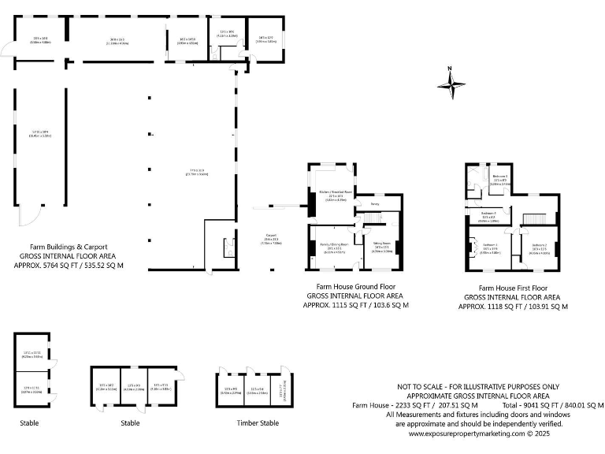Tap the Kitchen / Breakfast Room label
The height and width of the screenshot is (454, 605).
tap(336, 192)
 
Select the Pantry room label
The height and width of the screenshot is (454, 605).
tap(374, 204)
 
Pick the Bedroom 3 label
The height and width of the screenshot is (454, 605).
tap(499, 177)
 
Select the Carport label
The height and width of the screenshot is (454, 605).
tap(271, 235)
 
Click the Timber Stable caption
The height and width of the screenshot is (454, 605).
tap(252, 423)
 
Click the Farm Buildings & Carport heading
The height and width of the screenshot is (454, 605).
tap(69, 247)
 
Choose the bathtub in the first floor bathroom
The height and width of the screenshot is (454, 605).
tap(471, 177)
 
